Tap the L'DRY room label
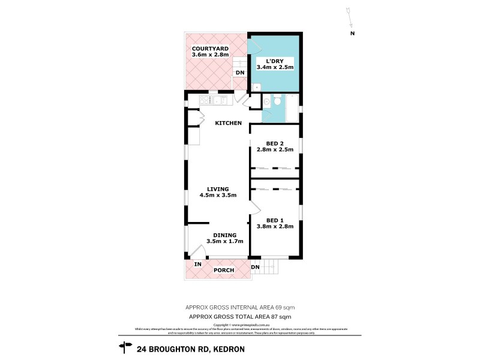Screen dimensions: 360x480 tap(274, 61)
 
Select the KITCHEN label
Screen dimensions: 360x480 tap(229, 123)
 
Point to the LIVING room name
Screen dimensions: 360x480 tap(218, 188)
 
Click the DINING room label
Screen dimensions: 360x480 tap(225, 235)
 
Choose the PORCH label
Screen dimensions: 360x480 tap(224, 270)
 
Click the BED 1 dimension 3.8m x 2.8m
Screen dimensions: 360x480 tap(275, 227)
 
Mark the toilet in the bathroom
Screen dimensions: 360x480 tap(278, 103)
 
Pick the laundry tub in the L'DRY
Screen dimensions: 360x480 tap(256, 87)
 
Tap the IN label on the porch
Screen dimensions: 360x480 tap(197, 264)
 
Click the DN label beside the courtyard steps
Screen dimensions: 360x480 tap(239, 73)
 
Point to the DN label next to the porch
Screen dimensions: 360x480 tap(255, 267)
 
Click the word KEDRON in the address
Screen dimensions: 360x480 tap(225, 348)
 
